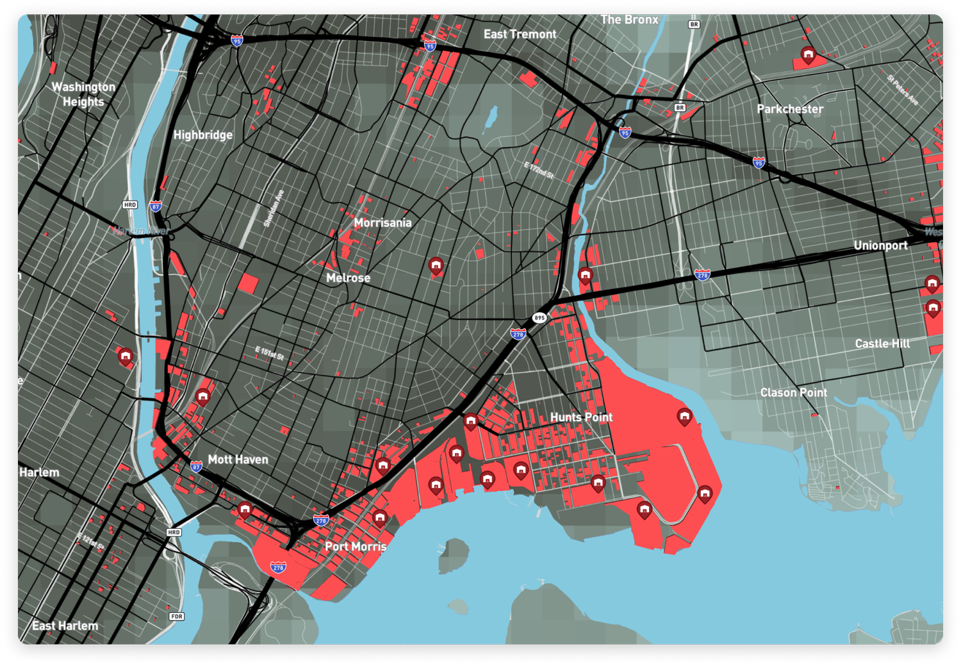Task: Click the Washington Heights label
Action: click(83, 94)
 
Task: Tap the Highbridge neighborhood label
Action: click(203, 135)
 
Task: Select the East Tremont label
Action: click(520, 35)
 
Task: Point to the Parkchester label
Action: click(790, 109)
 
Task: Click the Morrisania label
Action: click(382, 223)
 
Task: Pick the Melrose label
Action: click(348, 278)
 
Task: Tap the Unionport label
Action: click(880, 246)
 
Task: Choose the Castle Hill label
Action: click(882, 344)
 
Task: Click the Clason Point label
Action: click(794, 392)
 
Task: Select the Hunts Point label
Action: click(581, 417)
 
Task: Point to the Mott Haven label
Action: click(238, 460)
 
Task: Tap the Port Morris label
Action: click(356, 547)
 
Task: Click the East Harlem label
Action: click(65, 626)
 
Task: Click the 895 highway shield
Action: click(539, 318)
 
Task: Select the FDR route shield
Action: click(177, 617)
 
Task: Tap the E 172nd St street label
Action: click(539, 170)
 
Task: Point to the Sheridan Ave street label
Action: click(274, 208)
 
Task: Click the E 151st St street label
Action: click(270, 353)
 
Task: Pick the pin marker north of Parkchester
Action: click(809, 54)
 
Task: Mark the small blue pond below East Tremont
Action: click(491, 117)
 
